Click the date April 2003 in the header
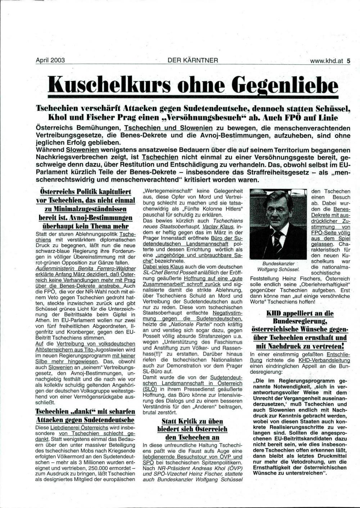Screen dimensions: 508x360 pos(50,60)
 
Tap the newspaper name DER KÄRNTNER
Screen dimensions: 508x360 pos(193,60)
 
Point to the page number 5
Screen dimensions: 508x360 pos(348,61)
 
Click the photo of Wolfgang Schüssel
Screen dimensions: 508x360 pos(277,223)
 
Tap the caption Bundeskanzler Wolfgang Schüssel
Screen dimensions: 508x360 pos(278,266)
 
